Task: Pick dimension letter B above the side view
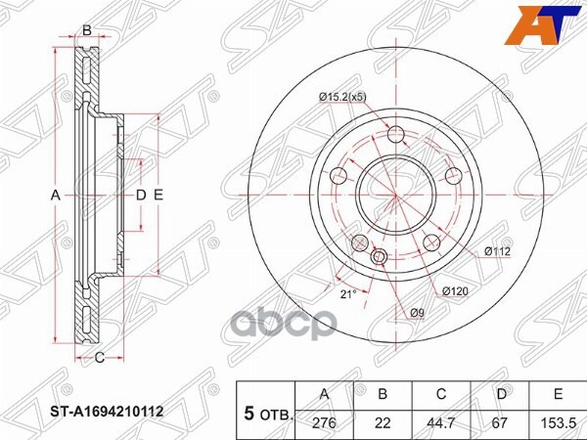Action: pos(86,31)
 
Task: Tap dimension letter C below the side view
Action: pos(100,358)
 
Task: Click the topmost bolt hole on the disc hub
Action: pos(396,135)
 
